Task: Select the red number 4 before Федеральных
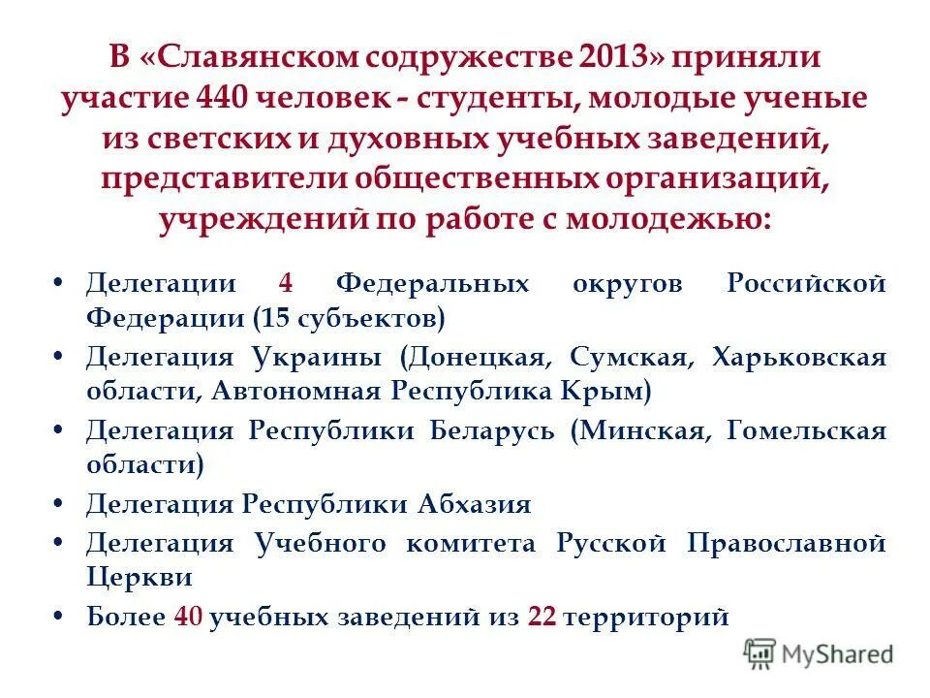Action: tap(285, 284)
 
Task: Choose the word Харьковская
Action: tap(798, 357)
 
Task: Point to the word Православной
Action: tap(786, 542)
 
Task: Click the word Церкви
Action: tap(139, 578)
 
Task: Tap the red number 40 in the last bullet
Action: tap(188, 618)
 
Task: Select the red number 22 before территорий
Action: tap(542, 618)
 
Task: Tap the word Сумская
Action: tap(631, 357)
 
